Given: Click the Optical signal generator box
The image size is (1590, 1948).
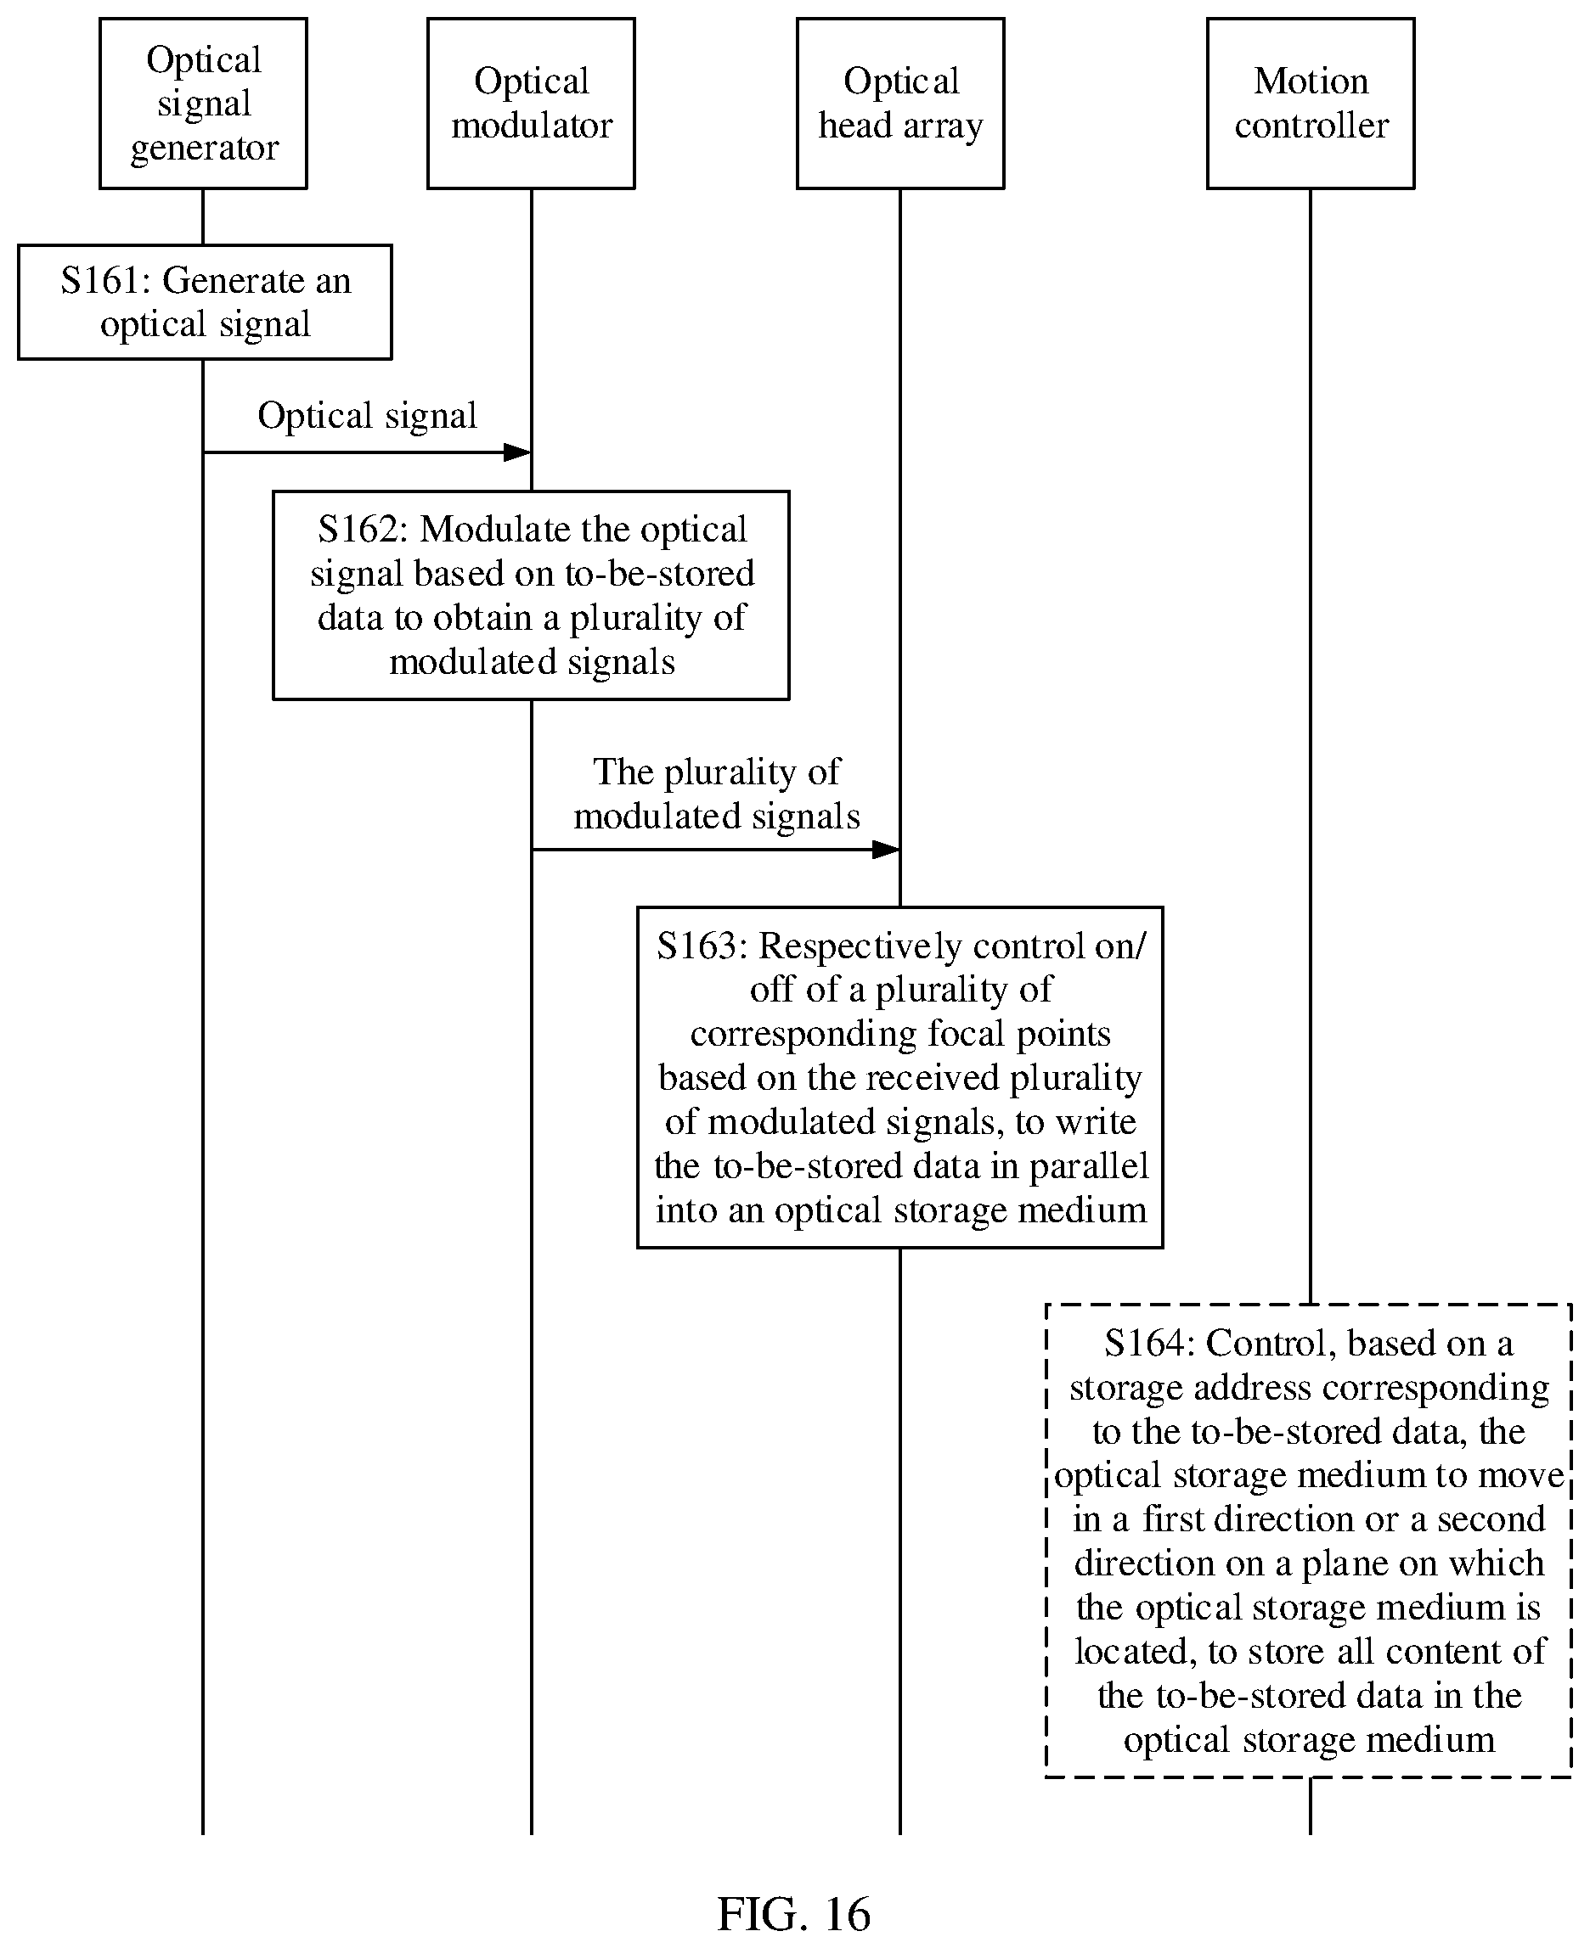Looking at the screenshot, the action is coord(203,104).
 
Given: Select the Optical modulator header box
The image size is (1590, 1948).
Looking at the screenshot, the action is coord(531,104).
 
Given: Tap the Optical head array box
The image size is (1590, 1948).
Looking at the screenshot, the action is coord(900,104).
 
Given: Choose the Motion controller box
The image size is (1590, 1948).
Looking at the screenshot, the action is coord(1311,104).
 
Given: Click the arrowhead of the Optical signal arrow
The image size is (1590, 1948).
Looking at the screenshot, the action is coord(517,452).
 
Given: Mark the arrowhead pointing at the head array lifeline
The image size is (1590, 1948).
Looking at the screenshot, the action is coord(886,850).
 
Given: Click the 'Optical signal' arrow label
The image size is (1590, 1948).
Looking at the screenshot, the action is coord(367,417).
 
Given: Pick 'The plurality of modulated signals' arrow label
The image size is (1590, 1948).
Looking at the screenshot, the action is coord(717,794).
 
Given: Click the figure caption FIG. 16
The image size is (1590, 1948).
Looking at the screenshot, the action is coord(794,1913).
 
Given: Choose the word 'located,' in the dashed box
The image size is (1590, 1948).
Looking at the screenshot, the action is coord(1136,1653).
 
